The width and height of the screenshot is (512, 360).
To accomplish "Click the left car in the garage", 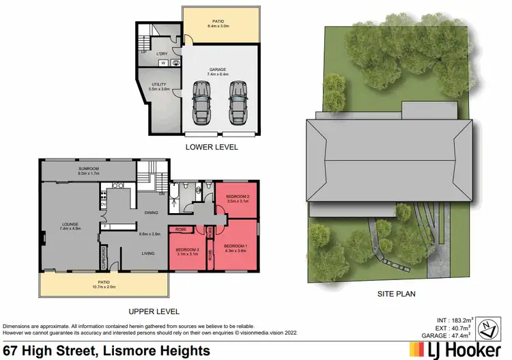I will coord(202,104).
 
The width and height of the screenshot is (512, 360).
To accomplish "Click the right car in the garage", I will coord(237,104).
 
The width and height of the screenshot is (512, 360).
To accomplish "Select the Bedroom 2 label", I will coord(237,199).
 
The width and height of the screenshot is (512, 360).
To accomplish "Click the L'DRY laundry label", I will coord(162,53).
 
